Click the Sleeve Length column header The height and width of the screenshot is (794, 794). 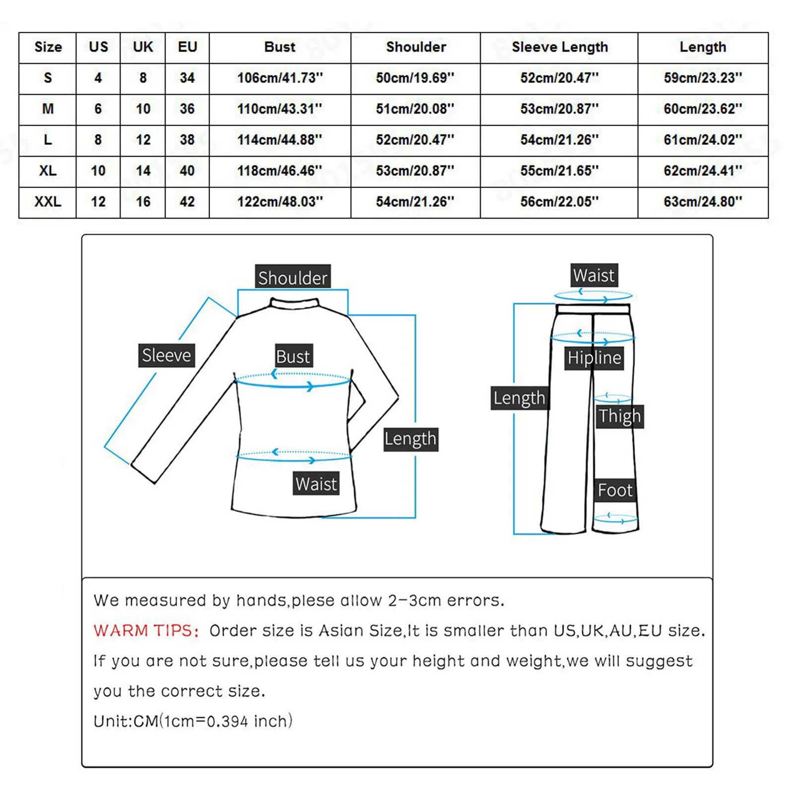[x=559, y=47]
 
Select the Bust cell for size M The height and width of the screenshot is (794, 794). [x=280, y=109]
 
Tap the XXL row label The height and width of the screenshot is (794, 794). [x=48, y=202]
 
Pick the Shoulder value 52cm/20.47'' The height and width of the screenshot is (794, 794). [x=415, y=140]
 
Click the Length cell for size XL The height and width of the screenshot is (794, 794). [x=703, y=171]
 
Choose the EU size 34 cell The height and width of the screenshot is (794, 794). [x=187, y=78]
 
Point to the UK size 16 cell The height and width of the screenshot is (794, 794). [x=143, y=202]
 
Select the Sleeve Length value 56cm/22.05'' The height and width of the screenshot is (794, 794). [x=559, y=202]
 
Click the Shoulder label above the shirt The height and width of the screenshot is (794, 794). [x=293, y=277]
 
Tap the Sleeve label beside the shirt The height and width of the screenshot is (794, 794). [x=167, y=355]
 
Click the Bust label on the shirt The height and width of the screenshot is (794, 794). [x=294, y=356]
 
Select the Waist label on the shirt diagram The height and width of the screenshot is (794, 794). [x=316, y=483]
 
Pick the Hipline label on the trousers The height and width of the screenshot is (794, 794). [x=595, y=358]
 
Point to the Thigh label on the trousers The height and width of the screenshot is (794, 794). [x=619, y=416]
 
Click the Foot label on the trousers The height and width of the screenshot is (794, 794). [x=615, y=490]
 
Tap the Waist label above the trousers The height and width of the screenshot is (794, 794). [x=594, y=275]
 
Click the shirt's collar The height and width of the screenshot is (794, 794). [x=294, y=302]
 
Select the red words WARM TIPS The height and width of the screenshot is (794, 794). [x=146, y=631]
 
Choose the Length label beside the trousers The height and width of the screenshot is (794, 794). [x=519, y=398]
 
